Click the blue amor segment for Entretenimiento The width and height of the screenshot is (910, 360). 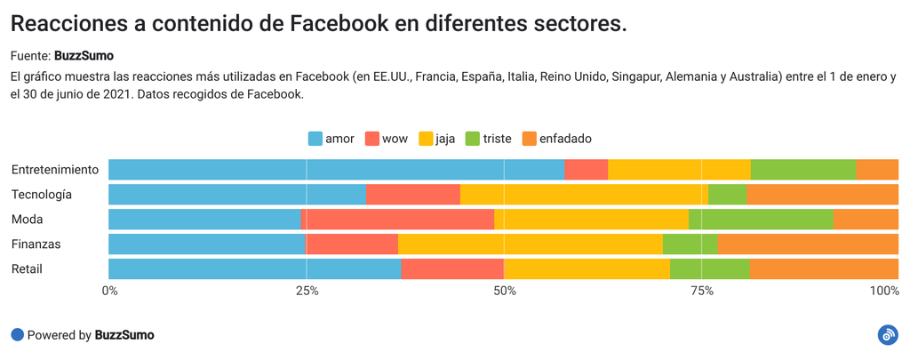[336, 170]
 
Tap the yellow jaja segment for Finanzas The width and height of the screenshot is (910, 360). [530, 244]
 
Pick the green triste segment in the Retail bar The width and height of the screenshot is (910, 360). [709, 269]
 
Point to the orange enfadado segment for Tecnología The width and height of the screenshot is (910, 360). [822, 195]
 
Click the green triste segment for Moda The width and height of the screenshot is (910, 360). [761, 220]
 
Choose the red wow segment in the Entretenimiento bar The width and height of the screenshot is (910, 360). [586, 170]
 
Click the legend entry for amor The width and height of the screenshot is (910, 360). [331, 139]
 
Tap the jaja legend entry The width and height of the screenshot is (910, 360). [437, 139]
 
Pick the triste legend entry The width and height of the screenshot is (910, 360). [488, 139]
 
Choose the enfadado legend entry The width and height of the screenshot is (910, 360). [556, 139]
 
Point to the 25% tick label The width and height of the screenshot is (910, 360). [307, 291]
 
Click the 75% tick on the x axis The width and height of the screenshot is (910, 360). [701, 291]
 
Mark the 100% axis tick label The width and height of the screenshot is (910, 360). [884, 291]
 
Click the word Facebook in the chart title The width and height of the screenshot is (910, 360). [343, 24]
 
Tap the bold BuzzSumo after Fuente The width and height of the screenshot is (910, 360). [84, 55]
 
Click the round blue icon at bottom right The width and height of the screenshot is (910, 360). [887, 335]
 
